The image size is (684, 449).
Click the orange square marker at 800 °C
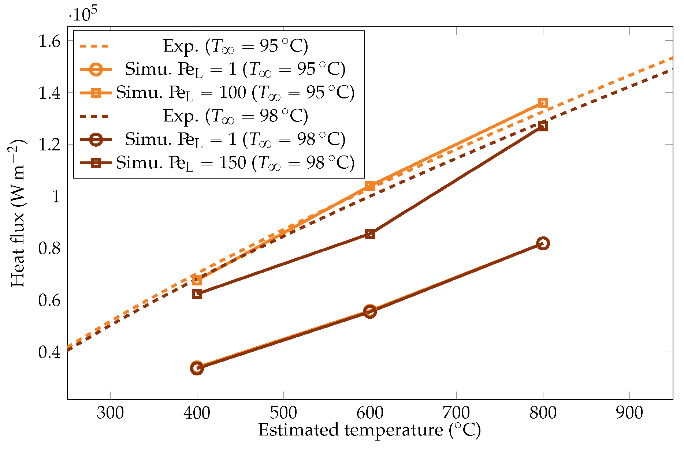543,103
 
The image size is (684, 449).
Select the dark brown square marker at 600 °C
370,234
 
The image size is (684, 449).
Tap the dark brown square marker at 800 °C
543,126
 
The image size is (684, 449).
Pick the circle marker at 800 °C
543,243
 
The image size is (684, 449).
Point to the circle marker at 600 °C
370,311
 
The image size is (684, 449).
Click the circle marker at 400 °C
197,367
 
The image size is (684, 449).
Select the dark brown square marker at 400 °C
197,294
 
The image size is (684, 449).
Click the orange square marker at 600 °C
370,186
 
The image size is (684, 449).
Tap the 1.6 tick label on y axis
49,42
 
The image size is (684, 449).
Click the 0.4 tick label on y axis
49,352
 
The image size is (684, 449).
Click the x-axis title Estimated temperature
369,430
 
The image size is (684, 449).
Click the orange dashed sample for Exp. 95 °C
95,46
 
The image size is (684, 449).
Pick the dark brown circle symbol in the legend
96,139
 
